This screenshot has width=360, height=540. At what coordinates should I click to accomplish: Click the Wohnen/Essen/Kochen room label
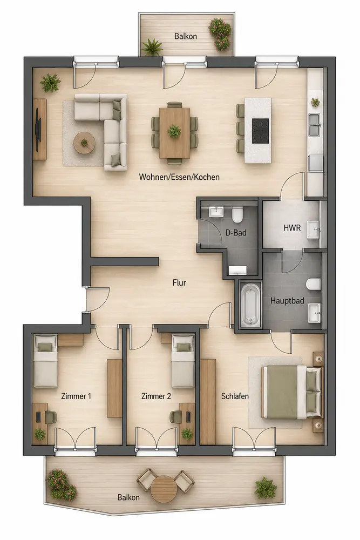click(x=179, y=177)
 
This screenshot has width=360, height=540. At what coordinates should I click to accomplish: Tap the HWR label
click(x=292, y=228)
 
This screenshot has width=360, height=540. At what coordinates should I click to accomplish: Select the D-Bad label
click(x=236, y=233)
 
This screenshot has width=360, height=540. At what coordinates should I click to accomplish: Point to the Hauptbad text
click(x=287, y=301)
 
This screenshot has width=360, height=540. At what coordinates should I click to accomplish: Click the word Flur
click(x=179, y=283)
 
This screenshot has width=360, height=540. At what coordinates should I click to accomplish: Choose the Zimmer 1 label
click(x=76, y=396)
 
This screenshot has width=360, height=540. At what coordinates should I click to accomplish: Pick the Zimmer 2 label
click(x=156, y=396)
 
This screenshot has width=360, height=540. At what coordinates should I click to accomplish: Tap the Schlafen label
click(x=235, y=396)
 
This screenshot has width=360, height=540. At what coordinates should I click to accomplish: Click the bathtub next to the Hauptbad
click(x=250, y=305)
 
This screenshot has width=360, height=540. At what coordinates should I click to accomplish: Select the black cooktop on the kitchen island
click(x=261, y=131)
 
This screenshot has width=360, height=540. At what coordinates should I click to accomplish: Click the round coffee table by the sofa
click(x=84, y=143)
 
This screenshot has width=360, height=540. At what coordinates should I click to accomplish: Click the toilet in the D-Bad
click(x=237, y=214)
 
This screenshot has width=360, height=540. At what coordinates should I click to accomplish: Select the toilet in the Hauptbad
click(x=313, y=285)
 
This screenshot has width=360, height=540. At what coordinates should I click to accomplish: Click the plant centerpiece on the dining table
click(x=174, y=131)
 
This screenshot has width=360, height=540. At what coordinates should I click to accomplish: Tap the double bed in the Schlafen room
click(x=293, y=393)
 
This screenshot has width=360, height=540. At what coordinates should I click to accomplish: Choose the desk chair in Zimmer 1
click(x=50, y=417)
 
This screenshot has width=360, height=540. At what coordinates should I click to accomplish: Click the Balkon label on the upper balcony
click(x=186, y=36)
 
